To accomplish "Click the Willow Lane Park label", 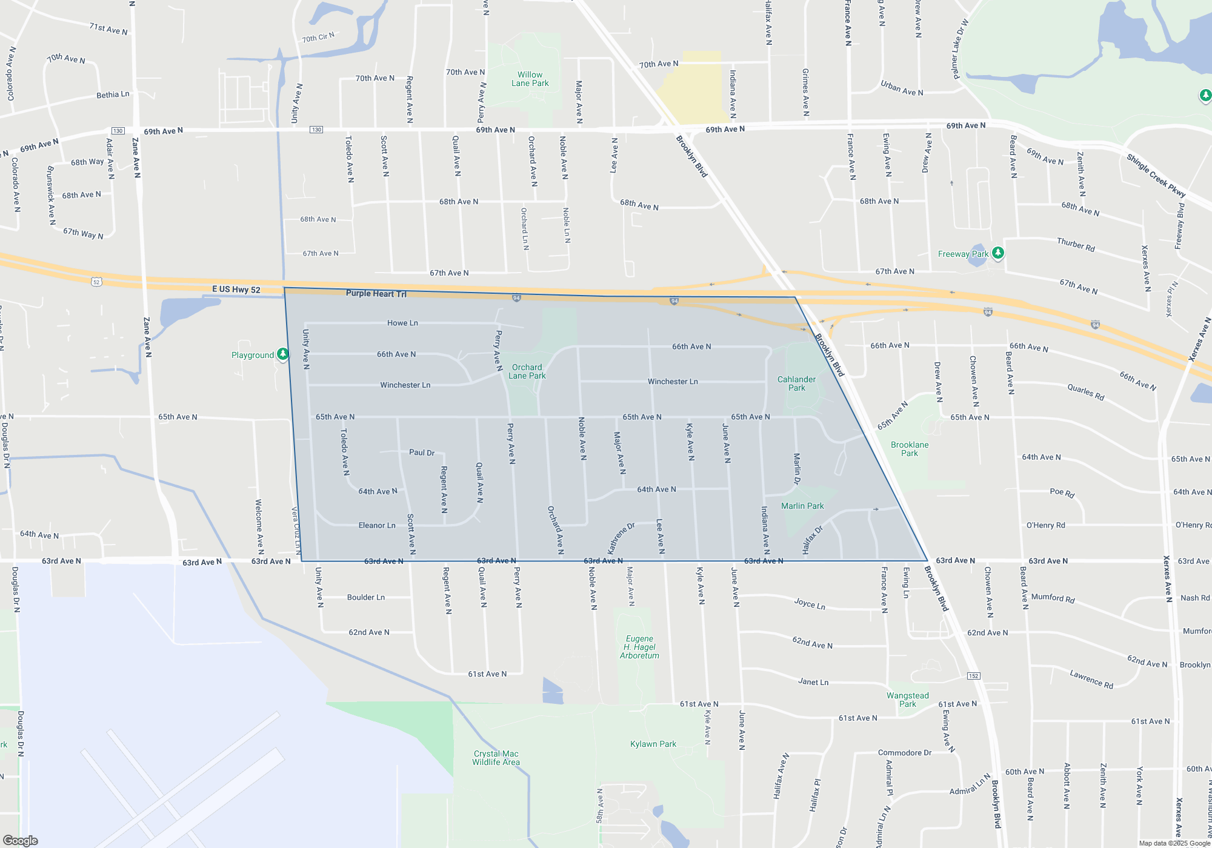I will coord(530,79).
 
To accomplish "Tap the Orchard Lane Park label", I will coord(527,371).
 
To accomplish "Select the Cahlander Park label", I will coord(796,383).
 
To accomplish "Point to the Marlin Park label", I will coord(802,506).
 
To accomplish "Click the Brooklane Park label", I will coord(909,449).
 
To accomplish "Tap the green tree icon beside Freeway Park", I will coord(998,253).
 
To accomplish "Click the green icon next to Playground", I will coord(282,354).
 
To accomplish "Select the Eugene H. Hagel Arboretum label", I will coord(639,647).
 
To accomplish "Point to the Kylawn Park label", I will coord(653,744).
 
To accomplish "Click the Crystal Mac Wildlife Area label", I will coord(496,758).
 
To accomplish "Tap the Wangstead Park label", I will coord(907,700).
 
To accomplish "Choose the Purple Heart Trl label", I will coord(376,294).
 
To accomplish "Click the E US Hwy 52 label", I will coord(236,290).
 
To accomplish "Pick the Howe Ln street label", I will coord(402,323).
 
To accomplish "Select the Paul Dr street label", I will coord(421,452).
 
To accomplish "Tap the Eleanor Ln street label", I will coord(376,525).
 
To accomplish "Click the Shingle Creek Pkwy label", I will coord(1156,176).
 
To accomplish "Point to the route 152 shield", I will coord(973,675).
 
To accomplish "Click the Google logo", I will coord(20,841).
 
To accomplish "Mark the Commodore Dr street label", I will coord(904,753).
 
